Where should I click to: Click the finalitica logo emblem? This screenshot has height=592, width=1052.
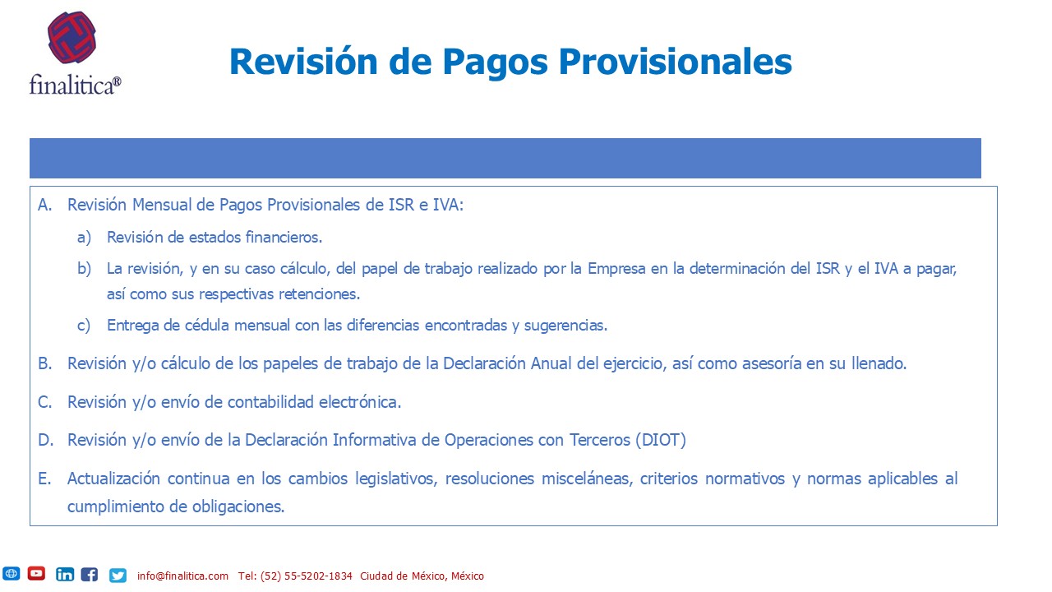(72, 38)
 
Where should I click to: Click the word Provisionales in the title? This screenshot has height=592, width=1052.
(675, 62)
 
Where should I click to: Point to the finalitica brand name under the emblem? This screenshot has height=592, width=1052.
(75, 85)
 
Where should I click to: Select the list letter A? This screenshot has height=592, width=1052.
(44, 205)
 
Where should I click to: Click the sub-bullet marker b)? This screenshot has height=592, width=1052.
(84, 269)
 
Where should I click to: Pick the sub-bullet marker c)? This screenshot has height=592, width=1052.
(84, 325)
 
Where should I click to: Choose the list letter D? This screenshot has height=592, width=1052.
(45, 440)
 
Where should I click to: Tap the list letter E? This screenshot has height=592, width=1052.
(44, 479)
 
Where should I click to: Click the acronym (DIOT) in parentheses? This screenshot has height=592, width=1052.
(661, 440)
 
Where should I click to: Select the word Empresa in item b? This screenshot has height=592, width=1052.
(616, 269)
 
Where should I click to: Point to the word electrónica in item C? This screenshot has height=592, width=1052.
(360, 402)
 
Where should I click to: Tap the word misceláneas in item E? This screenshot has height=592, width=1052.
(587, 479)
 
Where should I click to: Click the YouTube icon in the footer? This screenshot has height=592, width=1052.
(36, 574)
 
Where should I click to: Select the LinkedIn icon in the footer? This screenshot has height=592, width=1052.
(65, 574)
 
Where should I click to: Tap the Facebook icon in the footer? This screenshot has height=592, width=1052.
(90, 574)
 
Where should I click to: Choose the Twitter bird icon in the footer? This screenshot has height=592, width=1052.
(118, 575)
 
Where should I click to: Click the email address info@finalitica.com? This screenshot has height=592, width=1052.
(182, 576)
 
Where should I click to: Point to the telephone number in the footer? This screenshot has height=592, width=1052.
(295, 576)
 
